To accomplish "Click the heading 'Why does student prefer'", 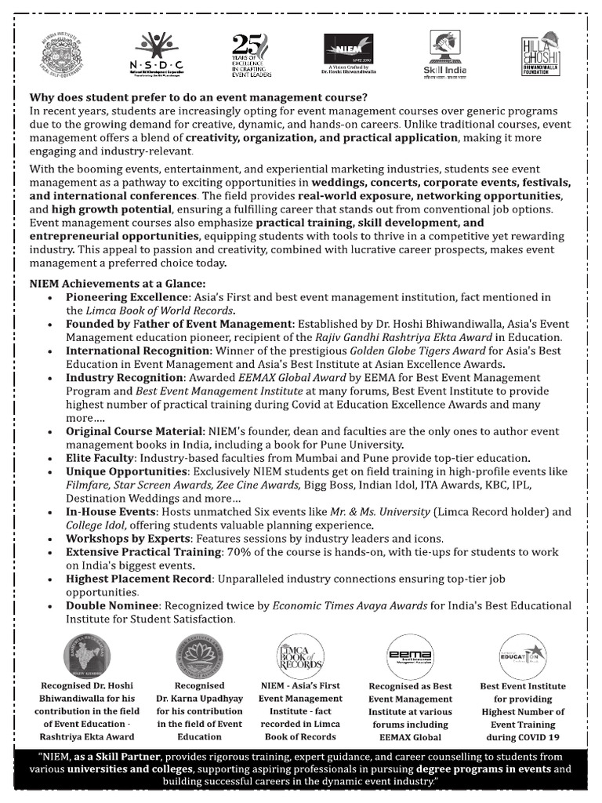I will coord(198,98).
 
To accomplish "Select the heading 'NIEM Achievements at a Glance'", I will coord(118,283).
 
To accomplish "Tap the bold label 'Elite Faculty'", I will coord(100,457).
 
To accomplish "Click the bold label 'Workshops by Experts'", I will coord(128,538).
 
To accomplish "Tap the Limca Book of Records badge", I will coord(300,656).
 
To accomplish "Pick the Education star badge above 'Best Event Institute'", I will coord(522,656).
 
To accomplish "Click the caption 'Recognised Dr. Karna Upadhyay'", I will coord(199,692).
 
